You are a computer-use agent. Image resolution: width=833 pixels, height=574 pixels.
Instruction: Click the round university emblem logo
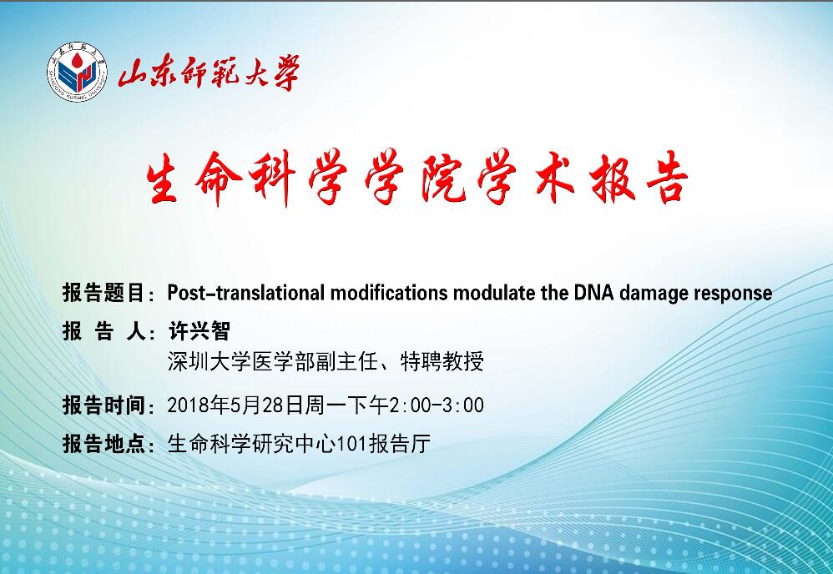click(x=77, y=72)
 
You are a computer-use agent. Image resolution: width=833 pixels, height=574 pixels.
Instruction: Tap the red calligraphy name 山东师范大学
click(x=209, y=73)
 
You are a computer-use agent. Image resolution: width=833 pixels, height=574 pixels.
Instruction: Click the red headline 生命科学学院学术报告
click(x=417, y=178)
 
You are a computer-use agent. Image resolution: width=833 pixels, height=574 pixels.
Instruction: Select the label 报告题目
click(x=103, y=293)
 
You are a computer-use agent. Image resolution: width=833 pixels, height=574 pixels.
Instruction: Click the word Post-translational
click(x=245, y=293)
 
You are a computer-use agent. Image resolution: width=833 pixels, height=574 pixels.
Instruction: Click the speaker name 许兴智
click(x=199, y=331)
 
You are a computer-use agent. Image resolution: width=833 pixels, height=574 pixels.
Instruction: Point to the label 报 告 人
click(x=103, y=331)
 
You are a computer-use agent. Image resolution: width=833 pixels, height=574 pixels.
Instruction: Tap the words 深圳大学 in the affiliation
click(x=210, y=361)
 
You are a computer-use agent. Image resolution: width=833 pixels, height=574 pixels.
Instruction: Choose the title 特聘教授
click(x=442, y=361)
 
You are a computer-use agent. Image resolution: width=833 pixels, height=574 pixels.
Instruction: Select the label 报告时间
click(x=103, y=405)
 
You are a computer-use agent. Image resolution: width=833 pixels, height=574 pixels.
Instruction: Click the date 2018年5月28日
click(x=236, y=405)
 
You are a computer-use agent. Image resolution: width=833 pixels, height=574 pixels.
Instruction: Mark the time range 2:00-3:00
click(x=437, y=405)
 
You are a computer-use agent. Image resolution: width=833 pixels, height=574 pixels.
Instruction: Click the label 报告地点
click(x=103, y=444)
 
